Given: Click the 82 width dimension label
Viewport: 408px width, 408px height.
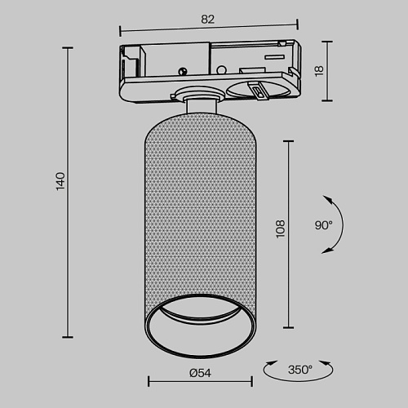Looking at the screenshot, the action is [x=208, y=20].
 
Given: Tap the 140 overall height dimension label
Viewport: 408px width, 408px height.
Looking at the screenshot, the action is [x=60, y=181].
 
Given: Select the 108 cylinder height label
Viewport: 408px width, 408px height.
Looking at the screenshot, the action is [x=280, y=229].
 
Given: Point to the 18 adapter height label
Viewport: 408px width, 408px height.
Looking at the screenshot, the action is [x=319, y=71].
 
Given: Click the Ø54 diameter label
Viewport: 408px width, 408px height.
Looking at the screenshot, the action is [x=200, y=373].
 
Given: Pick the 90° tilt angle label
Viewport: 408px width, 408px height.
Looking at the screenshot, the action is [x=324, y=225].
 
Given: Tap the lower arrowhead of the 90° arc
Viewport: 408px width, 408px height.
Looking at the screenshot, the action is [x=326, y=251].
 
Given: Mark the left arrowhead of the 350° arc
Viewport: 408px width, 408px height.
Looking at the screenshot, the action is [x=271, y=363].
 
